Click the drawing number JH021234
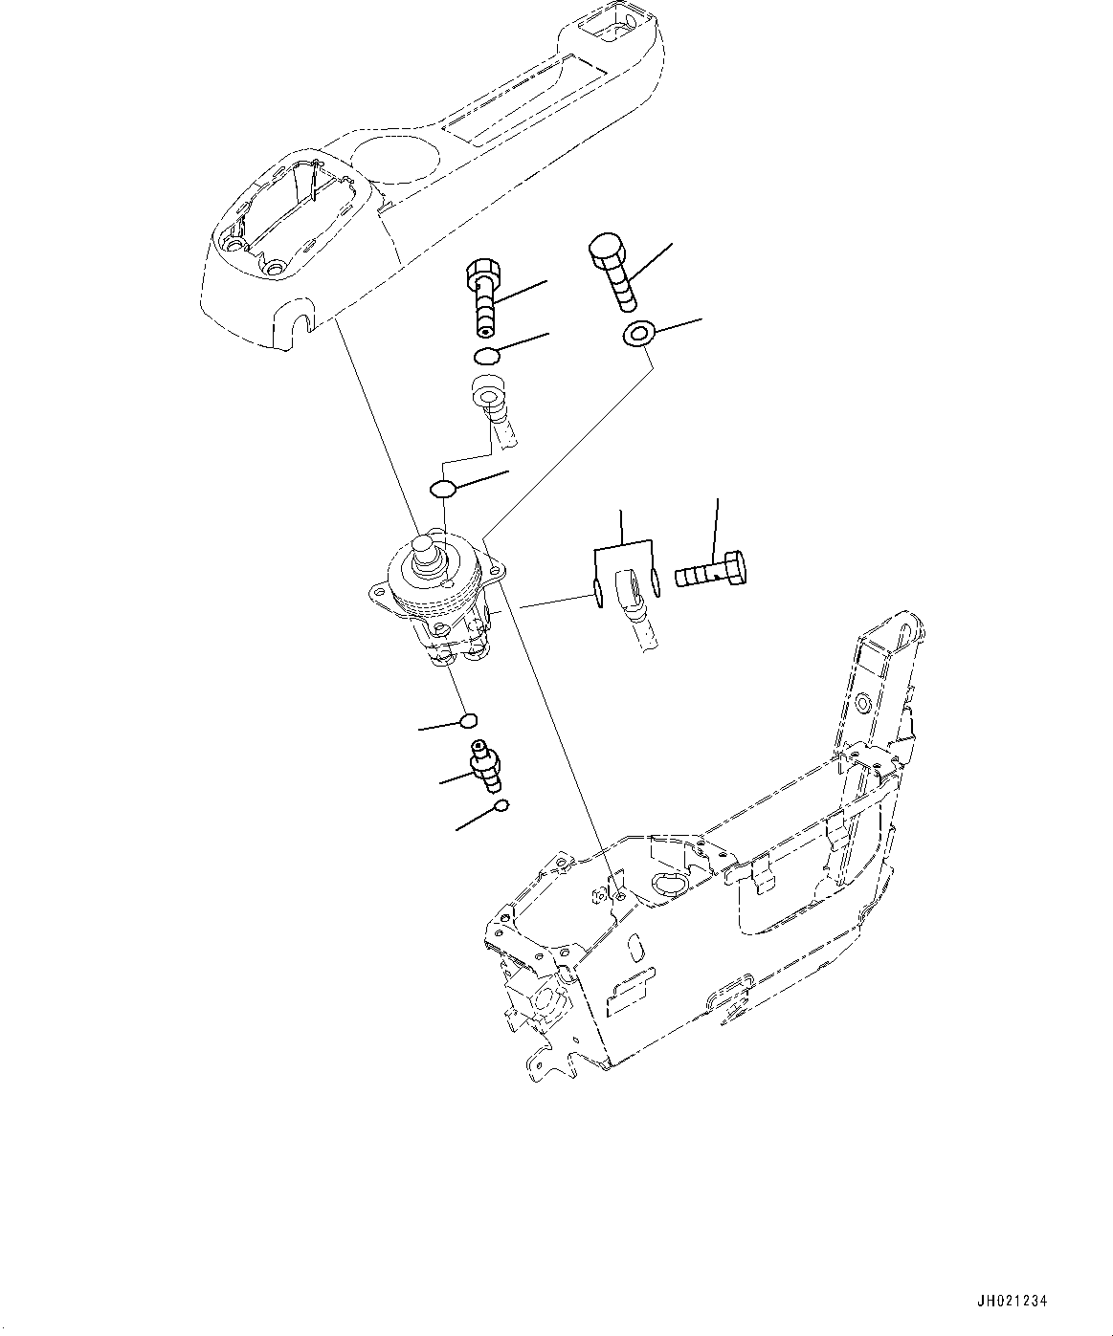1013,1301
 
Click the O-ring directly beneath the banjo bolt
488,357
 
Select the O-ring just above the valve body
441,489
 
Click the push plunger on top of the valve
424,550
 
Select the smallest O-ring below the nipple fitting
501,807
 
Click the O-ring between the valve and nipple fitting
469,720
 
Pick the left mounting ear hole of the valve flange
381,592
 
